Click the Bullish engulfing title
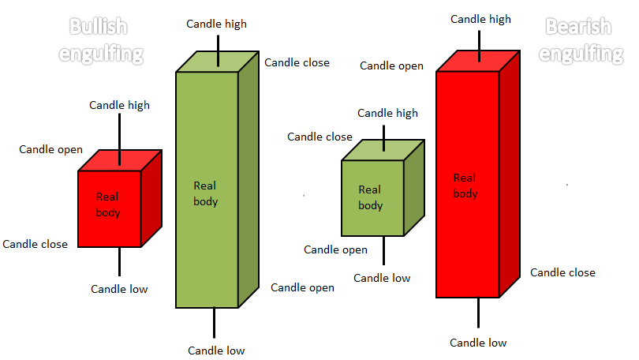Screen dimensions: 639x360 click(x=101, y=40)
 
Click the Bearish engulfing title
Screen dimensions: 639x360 click(x=581, y=40)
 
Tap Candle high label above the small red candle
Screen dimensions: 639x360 click(x=119, y=105)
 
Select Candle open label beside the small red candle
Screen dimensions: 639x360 click(x=51, y=150)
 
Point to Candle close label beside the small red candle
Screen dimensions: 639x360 click(x=35, y=244)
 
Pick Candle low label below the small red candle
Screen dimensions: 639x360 click(x=119, y=289)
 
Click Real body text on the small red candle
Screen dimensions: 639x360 click(x=108, y=204)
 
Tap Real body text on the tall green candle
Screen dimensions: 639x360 click(x=205, y=193)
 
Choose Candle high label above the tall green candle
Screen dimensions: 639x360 click(x=216, y=24)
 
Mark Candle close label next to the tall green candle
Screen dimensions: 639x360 click(x=297, y=63)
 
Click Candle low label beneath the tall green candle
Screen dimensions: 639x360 click(x=216, y=351)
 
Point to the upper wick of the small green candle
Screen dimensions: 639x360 click(x=383, y=138)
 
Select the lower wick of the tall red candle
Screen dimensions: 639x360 click(x=478, y=313)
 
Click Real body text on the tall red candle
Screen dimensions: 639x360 click(x=465, y=186)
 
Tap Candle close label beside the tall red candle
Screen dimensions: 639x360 click(x=562, y=272)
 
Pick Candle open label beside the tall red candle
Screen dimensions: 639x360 click(x=391, y=66)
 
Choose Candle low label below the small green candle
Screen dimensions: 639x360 click(x=382, y=278)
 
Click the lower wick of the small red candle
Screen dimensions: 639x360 click(x=119, y=262)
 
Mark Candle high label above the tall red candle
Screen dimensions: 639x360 click(x=481, y=19)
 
